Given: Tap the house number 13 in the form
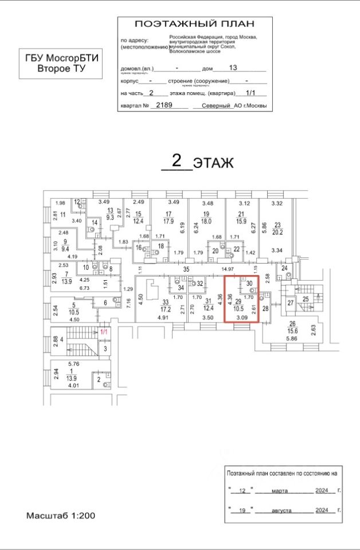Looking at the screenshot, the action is point(233,68).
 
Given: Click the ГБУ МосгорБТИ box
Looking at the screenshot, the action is point(61,63).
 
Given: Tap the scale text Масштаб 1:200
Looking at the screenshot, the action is point(60,516).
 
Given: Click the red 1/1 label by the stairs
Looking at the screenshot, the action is point(104,332).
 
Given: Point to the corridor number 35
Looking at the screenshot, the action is point(186,269).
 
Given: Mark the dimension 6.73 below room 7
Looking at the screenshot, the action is point(69,288).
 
